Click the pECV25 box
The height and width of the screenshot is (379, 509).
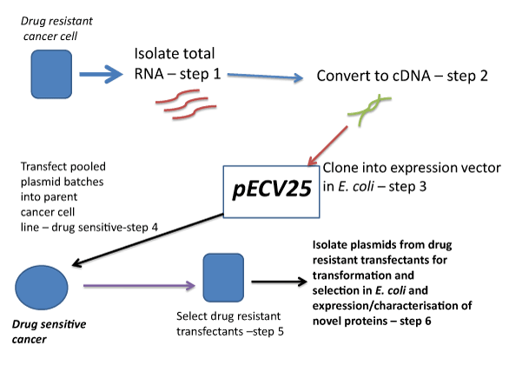271,191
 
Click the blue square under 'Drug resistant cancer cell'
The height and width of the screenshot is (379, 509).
51,74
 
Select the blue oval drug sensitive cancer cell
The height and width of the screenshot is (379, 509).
42,288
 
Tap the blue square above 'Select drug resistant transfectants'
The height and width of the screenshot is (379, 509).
223,277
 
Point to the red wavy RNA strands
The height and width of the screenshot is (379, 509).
186,104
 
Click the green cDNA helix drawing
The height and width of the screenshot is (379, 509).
369,109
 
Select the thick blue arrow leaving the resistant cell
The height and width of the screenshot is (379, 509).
102,75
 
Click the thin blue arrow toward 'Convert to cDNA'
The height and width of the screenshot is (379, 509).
265,76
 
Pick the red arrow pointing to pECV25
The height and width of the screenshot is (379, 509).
327,146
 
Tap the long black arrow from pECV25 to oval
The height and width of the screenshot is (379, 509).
148,240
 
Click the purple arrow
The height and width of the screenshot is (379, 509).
139,285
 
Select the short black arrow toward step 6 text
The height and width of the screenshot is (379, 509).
280,282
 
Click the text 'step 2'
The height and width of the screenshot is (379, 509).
467,76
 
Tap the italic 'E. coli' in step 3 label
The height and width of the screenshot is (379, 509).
356,186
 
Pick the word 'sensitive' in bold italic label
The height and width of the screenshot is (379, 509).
68,324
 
